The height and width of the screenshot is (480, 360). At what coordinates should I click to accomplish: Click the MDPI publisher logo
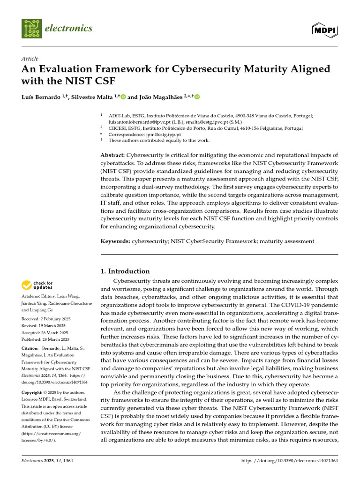point(325,29)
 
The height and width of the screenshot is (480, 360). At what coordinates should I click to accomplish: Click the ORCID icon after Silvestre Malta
point(123,97)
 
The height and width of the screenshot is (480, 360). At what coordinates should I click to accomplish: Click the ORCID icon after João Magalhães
point(197,97)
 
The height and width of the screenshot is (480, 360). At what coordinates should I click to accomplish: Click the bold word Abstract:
point(112,155)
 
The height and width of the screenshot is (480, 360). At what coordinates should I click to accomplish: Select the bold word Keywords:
point(115,241)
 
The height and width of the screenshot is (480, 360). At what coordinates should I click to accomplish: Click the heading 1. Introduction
point(126,271)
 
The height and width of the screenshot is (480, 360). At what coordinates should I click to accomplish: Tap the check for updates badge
point(37,285)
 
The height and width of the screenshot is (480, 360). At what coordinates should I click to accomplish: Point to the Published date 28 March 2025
point(45,339)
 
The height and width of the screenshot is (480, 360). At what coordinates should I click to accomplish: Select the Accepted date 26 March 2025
point(45,333)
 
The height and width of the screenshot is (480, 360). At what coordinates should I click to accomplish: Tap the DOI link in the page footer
point(289,461)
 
